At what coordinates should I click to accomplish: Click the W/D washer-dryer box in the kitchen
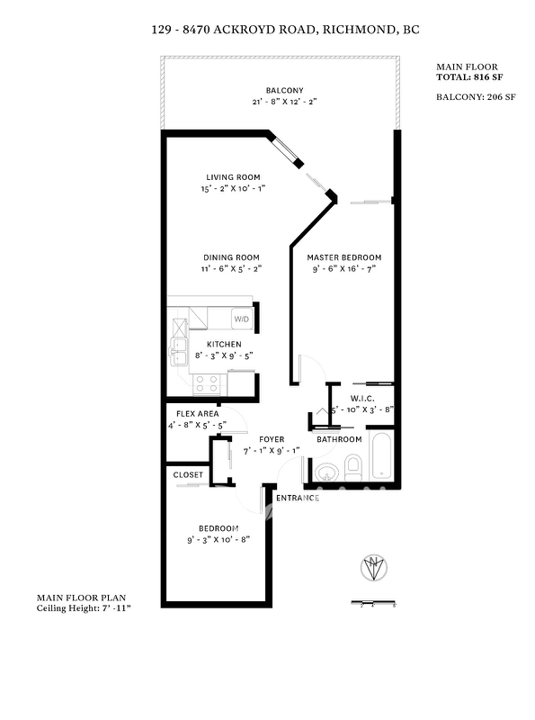pos(241,319)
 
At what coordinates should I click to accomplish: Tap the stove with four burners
pos(207,384)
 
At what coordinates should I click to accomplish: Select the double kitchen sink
pos(179,351)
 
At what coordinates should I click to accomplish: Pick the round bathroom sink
pos(326,472)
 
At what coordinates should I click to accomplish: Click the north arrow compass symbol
pos(374,568)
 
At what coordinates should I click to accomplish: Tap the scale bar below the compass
pos(373,602)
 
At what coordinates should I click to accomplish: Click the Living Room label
pos(233,177)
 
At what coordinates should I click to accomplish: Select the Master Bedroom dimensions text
pos(344,269)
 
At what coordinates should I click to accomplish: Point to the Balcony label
pos(284,91)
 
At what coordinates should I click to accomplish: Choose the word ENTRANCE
pos(298,499)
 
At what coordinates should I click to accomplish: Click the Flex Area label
pos(197,414)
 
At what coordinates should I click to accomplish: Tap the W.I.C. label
pos(362,399)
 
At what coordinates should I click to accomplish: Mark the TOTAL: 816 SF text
pos(469,77)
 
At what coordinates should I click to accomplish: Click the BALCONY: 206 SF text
pos(476,97)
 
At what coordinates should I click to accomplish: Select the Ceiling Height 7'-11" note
pos(84,608)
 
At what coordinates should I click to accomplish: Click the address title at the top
pos(285,30)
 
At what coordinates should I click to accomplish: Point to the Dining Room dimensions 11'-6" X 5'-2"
pos(231,269)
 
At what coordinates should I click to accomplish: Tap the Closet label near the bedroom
pos(188,475)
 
